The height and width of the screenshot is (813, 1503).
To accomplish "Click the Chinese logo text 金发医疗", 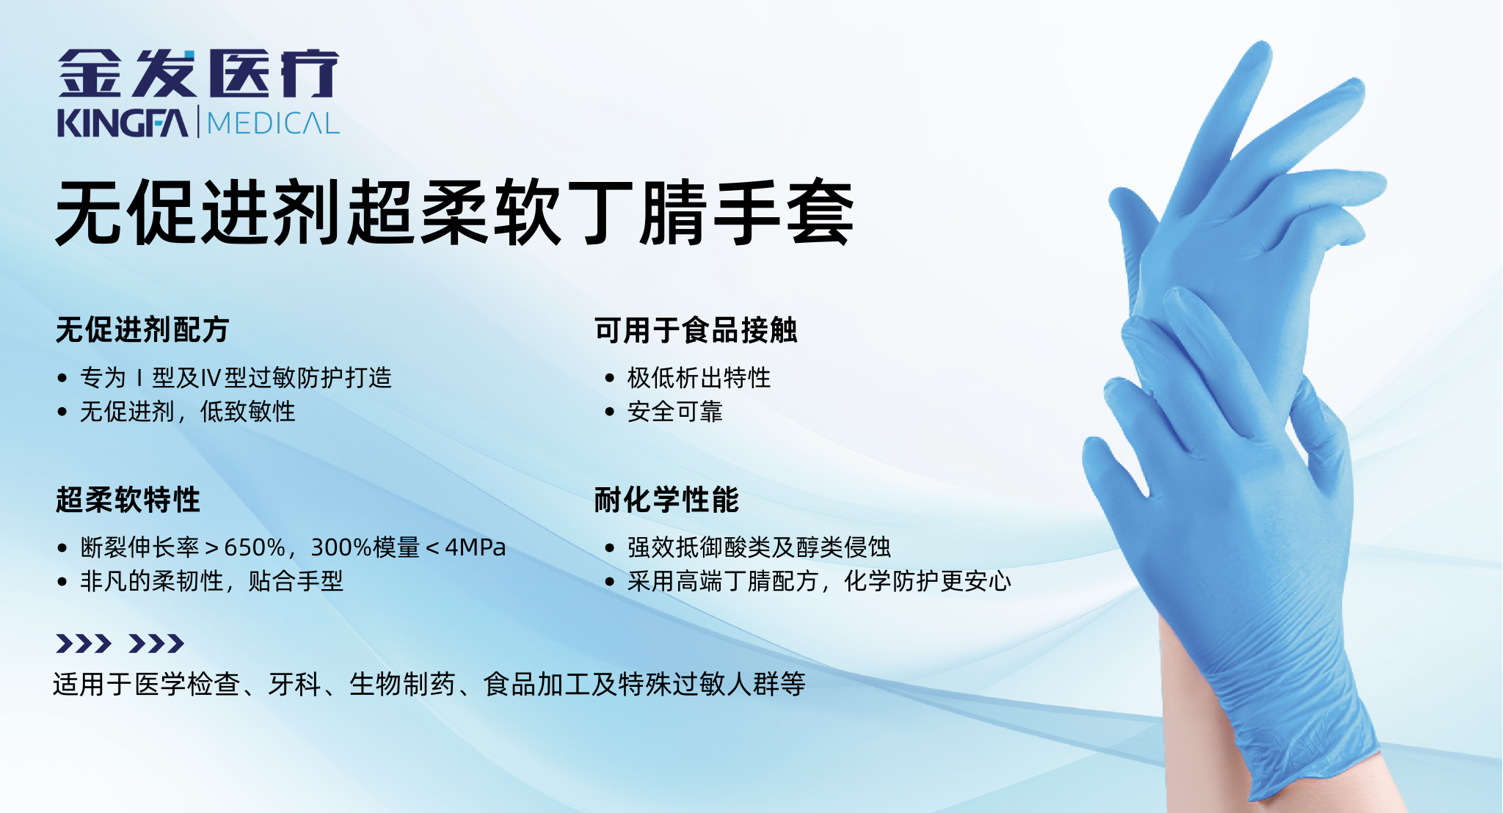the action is click(198, 73).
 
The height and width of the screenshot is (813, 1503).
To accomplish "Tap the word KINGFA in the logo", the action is click(123, 123).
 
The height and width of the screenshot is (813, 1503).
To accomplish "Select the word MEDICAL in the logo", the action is click(273, 123).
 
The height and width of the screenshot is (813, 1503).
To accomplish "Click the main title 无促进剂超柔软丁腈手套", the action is click(455, 213).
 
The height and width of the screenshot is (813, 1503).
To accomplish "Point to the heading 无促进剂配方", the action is click(142, 330).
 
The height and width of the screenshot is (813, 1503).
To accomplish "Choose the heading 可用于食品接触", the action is click(696, 330).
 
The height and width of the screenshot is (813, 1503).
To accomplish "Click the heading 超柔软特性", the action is click(128, 500).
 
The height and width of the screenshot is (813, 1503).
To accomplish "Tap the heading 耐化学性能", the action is click(666, 500).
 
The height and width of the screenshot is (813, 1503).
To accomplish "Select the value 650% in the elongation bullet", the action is click(255, 547).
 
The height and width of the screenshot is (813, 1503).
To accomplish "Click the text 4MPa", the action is click(476, 547).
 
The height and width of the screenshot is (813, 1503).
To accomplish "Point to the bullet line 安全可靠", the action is click(675, 412).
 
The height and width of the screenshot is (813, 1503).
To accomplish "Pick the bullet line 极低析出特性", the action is click(699, 378).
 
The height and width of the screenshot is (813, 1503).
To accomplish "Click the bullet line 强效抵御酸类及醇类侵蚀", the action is click(759, 547).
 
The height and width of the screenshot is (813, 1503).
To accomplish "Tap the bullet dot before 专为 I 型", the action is click(62, 379).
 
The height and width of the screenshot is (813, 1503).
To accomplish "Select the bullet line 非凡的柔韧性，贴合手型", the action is click(211, 581).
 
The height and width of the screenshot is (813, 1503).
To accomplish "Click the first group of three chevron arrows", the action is click(84, 644).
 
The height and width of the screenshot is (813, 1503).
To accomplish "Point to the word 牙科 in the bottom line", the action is click(295, 684).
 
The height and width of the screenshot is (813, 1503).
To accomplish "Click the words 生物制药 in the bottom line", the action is click(402, 684).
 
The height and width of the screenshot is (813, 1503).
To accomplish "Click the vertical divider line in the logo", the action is click(197, 122).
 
